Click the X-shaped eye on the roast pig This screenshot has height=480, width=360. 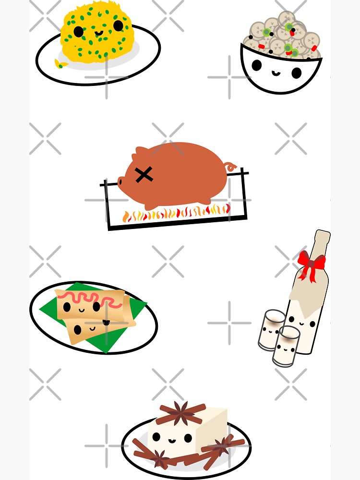[144, 175]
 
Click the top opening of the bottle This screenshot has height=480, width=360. [323, 233]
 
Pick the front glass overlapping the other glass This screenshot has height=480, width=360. [286, 345]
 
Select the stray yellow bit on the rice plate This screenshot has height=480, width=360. [59, 63]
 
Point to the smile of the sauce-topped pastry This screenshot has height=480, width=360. [81, 310]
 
